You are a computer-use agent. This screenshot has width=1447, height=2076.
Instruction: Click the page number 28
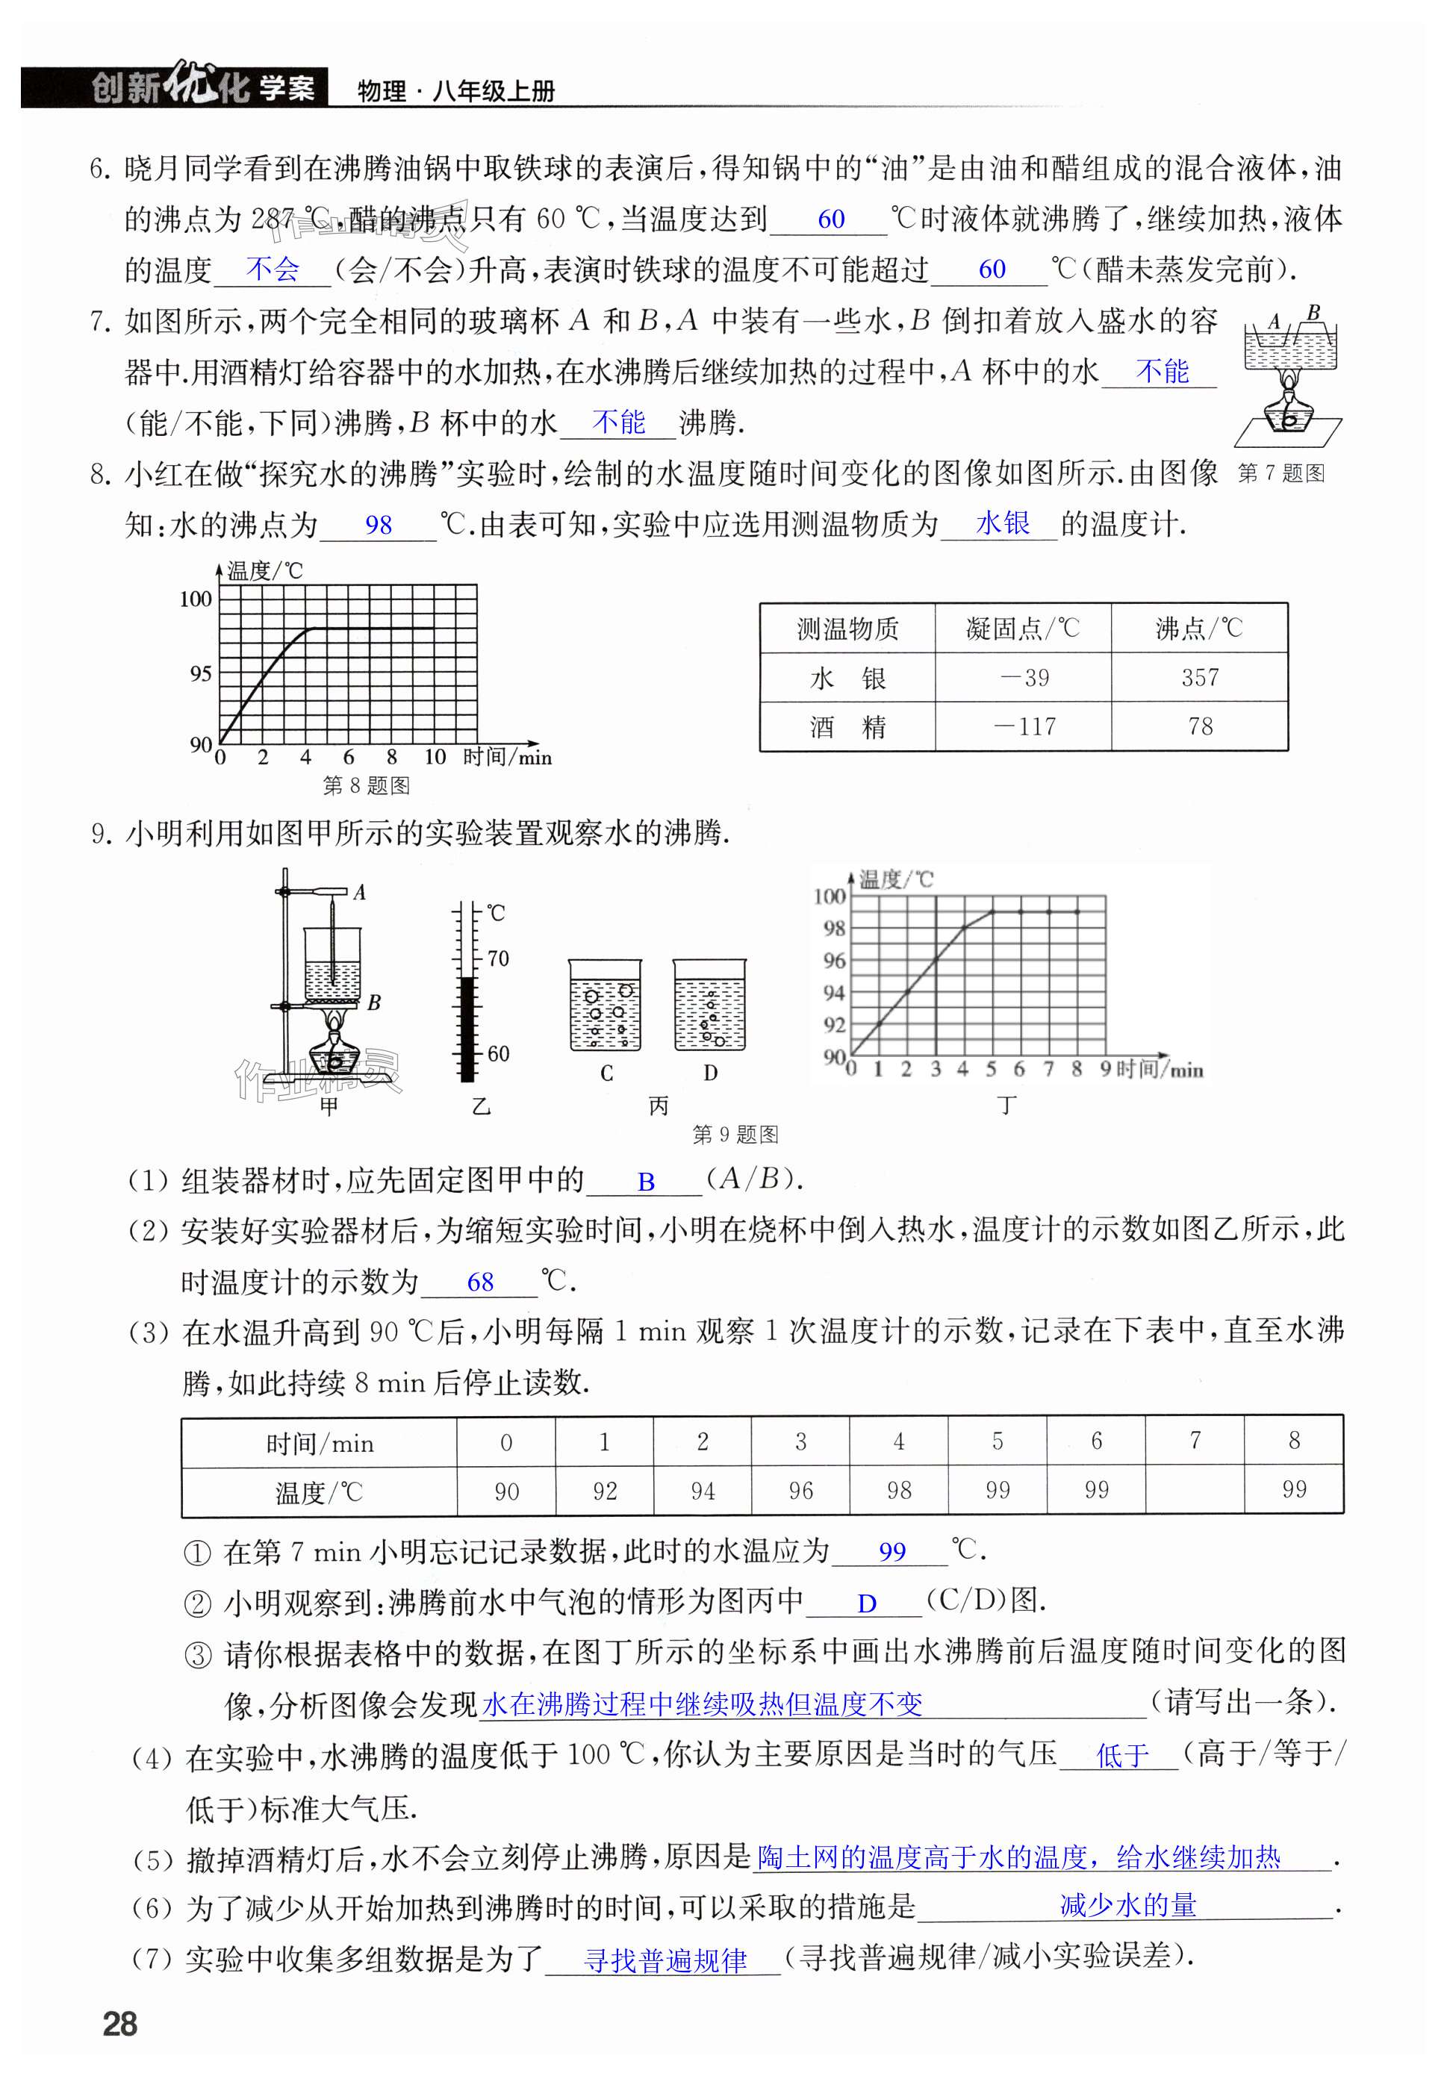tap(120, 2023)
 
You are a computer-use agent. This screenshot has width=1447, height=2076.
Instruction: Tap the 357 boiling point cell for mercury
tap(1199, 677)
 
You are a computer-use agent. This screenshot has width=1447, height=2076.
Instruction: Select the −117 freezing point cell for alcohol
tap(1024, 726)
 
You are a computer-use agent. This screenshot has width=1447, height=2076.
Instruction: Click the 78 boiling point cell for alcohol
tap(1199, 726)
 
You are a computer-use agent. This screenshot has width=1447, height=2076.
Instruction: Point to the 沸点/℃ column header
tap(1199, 629)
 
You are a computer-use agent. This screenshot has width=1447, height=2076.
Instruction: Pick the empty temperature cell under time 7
tap(1194, 1489)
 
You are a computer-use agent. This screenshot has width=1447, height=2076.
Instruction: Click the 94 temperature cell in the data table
tap(702, 1490)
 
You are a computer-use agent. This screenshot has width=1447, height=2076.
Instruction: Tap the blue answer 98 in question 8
tap(378, 526)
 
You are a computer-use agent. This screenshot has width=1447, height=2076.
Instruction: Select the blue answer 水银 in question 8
tap(1002, 523)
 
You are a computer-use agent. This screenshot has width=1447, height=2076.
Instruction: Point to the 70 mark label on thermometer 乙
tap(498, 958)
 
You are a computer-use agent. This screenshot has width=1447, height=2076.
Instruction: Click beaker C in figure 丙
tap(605, 1006)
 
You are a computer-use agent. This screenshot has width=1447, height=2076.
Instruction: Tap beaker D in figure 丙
tap(710, 1006)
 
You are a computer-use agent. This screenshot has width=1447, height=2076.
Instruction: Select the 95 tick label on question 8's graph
tap(200, 673)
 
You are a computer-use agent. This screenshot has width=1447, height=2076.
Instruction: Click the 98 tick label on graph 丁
tap(834, 929)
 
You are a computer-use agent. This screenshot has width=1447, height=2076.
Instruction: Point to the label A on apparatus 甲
tap(359, 892)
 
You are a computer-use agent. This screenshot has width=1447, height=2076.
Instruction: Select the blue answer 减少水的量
tap(1127, 1905)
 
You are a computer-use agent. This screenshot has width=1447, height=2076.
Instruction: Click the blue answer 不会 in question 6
tap(271, 269)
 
